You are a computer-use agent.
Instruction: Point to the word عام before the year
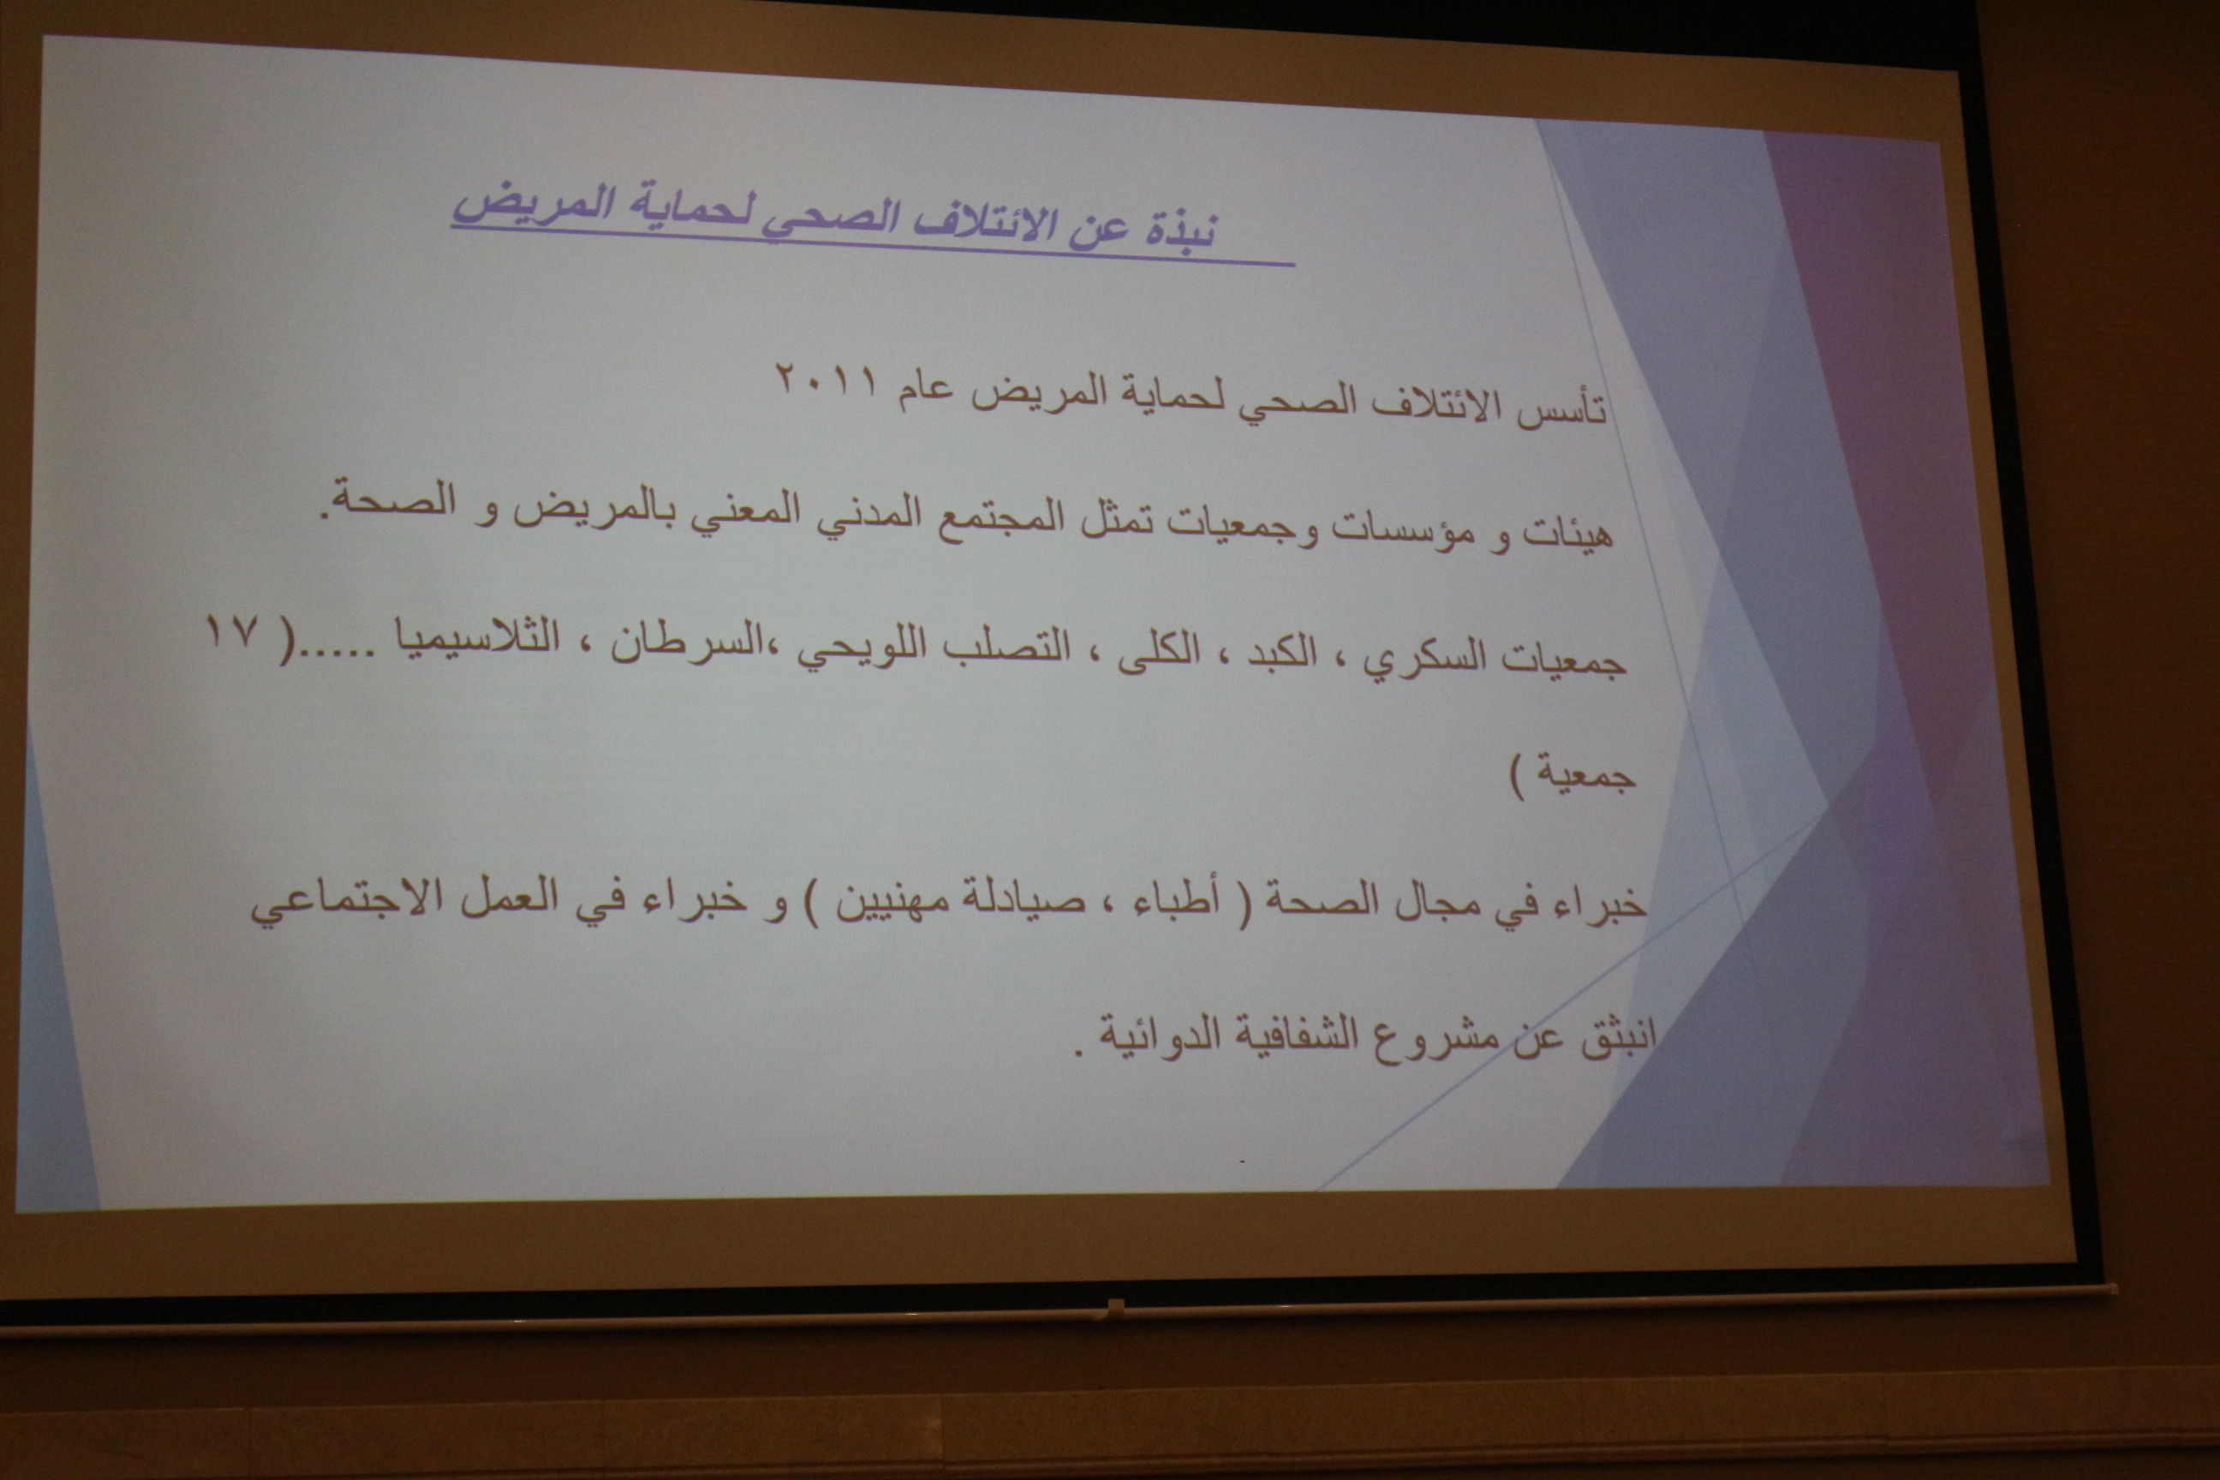click(924, 391)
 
